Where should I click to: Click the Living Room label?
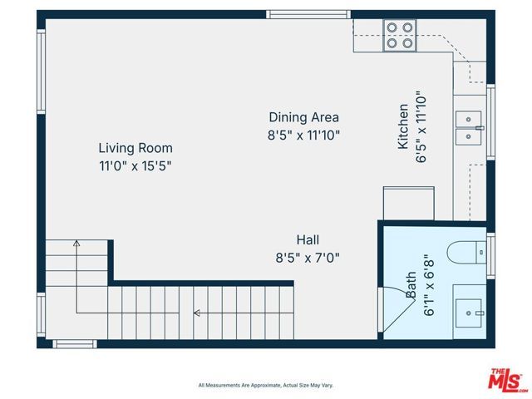point(135,148)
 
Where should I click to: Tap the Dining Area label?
point(303,117)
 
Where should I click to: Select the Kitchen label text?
point(403,126)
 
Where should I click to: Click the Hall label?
point(308,239)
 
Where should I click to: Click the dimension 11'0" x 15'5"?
point(135,165)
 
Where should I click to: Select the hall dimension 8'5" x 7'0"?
point(308,257)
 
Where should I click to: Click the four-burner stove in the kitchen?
point(400,35)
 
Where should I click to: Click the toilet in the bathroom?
point(465,251)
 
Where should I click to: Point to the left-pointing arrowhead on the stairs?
point(197,313)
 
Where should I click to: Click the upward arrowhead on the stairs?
point(76,243)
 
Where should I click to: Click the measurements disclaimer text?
point(265,385)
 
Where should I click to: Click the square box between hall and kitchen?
point(408,204)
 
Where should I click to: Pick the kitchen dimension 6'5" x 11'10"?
point(421,126)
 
